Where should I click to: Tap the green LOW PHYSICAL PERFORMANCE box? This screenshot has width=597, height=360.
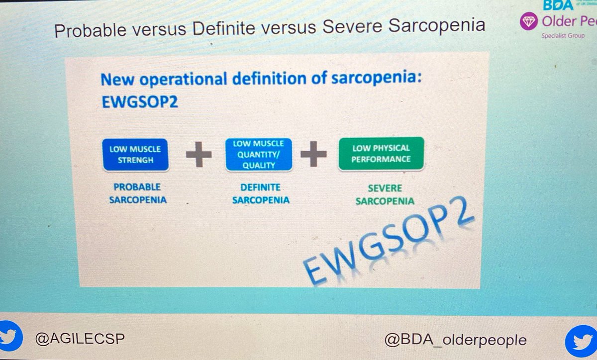click(x=381, y=154)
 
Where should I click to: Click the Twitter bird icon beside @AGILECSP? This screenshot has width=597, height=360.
click(x=11, y=337)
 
